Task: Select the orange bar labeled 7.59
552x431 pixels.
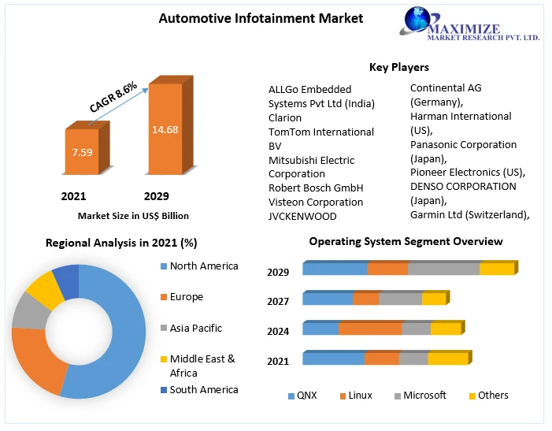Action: (82, 151)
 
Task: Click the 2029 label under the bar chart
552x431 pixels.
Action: (156, 195)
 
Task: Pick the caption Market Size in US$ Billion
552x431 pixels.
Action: (133, 215)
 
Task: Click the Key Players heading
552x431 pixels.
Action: (399, 67)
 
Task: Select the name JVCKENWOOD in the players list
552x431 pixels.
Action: (302, 216)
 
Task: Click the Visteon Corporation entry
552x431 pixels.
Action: (316, 202)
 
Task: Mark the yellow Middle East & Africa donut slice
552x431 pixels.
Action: (45, 288)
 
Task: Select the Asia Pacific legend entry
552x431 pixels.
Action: (195, 328)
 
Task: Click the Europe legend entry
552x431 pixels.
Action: (186, 297)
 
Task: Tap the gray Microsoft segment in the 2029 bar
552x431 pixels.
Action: (443, 269)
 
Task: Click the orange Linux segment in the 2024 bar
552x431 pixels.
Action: (370, 329)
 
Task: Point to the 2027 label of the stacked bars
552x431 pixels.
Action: (278, 301)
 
